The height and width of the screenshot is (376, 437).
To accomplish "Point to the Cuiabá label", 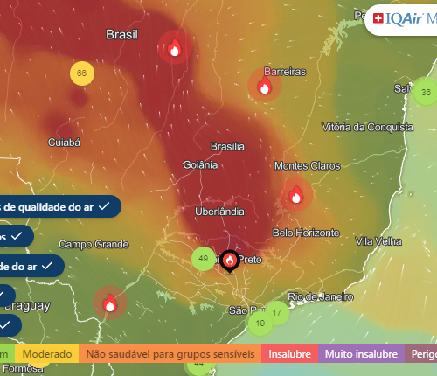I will pyautogui.click(x=63, y=141).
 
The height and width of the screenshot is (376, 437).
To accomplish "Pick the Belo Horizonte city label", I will pyautogui.click(x=306, y=233).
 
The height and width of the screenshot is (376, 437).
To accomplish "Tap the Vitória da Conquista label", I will pyautogui.click(x=366, y=128).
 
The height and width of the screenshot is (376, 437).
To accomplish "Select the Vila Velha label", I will pyautogui.click(x=377, y=241).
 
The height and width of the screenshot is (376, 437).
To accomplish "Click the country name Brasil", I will pyautogui.click(x=122, y=35).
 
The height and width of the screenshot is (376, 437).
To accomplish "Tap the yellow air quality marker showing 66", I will pyautogui.click(x=81, y=73).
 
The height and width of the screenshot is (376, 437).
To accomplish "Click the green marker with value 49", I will pyautogui.click(x=204, y=259).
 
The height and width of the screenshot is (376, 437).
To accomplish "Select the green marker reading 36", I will pyautogui.click(x=426, y=92).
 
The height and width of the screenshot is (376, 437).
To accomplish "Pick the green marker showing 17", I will pyautogui.click(x=276, y=312).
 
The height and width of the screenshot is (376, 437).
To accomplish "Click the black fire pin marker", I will pyautogui.click(x=230, y=260).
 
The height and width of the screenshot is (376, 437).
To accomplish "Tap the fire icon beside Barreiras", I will pyautogui.click(x=264, y=85).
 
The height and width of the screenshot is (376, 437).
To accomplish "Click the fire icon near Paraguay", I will pyautogui.click(x=110, y=303).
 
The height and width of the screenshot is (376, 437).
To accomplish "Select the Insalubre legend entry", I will pyautogui.click(x=288, y=355).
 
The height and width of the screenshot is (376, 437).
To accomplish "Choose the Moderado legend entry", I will pyautogui.click(x=48, y=355).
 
